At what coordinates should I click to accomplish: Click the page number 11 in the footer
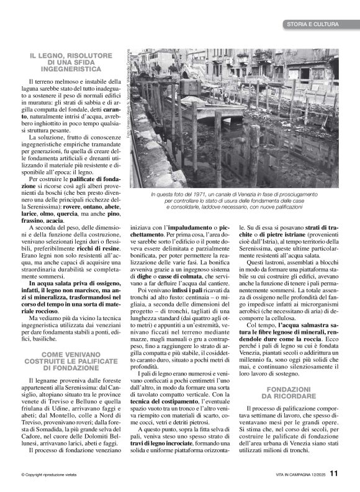click(x=335, y=473)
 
